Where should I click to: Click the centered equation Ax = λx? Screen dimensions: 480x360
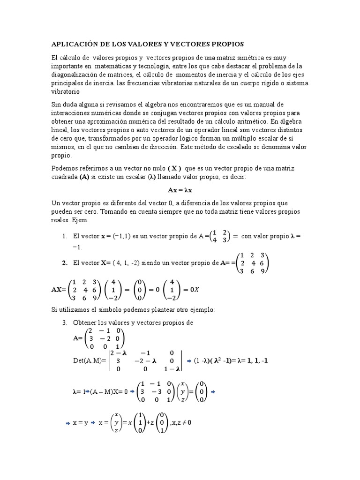180,190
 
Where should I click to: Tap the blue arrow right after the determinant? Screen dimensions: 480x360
189,361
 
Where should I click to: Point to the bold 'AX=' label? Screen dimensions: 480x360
59,290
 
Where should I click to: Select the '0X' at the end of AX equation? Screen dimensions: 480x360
195,290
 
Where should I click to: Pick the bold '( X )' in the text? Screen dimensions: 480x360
174,168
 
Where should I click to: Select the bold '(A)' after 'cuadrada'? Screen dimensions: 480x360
85,176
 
